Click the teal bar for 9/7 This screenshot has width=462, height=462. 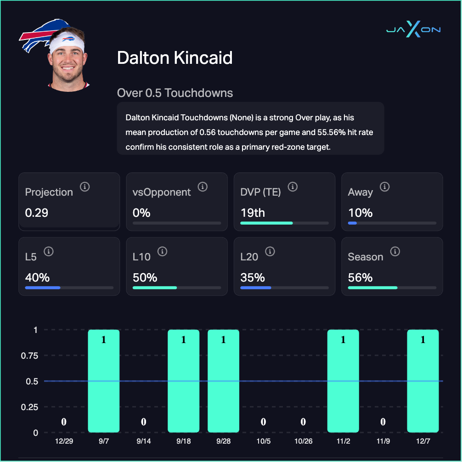tap(103, 381)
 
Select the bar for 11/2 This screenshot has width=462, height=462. tap(343, 381)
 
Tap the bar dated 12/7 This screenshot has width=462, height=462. tap(423, 381)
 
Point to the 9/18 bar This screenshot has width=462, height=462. tap(183, 381)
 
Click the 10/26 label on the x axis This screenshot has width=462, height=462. tap(303, 441)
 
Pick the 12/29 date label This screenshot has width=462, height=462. tap(64, 441)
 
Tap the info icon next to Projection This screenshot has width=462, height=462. tap(85, 186)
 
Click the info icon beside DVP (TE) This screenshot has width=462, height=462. tap(293, 186)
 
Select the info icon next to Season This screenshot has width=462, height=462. tap(395, 251)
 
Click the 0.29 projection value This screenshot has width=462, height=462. tap(37, 213)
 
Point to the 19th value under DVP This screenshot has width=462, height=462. tap(253, 213)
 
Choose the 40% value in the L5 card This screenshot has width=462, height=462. tap(37, 278)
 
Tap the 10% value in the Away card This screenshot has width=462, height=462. tap(360, 213)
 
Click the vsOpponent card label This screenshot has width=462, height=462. tap(162, 192)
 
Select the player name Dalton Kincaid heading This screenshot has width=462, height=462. tap(175, 58)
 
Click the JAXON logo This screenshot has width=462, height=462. tap(413, 30)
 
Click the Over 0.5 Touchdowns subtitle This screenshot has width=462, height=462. tap(175, 93)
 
